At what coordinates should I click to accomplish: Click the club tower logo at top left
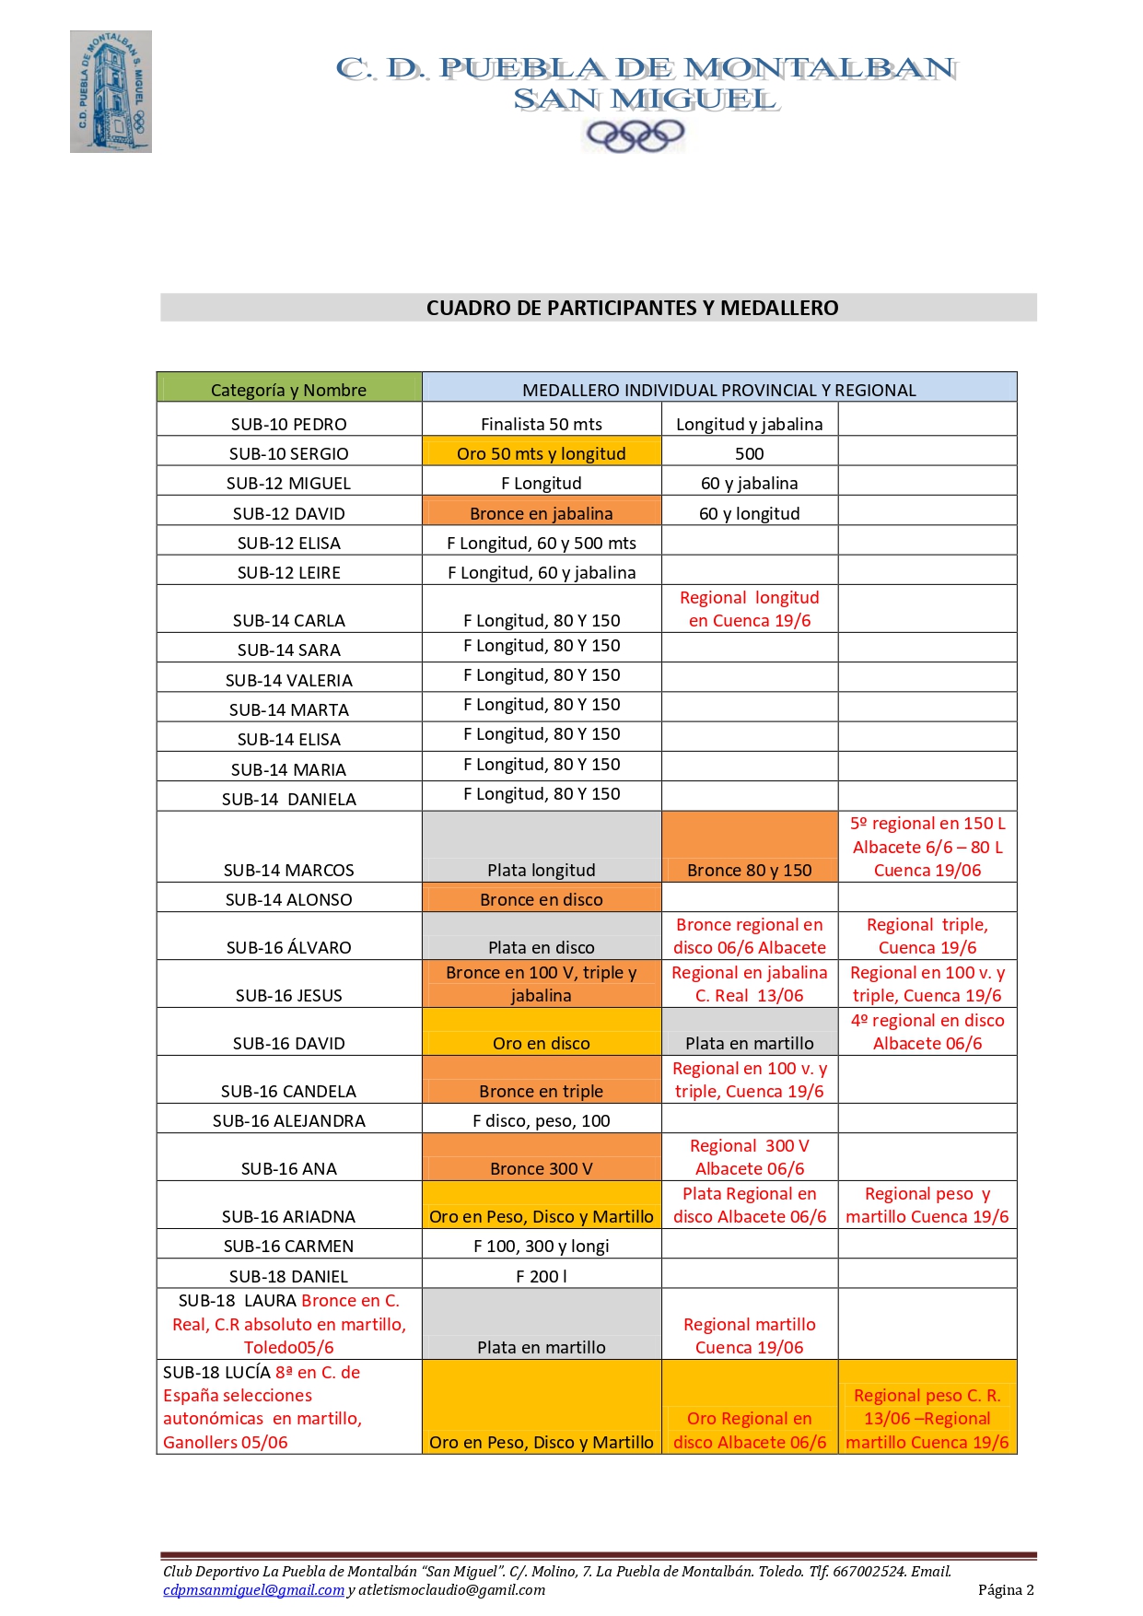click(111, 91)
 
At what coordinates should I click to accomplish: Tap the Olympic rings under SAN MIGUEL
click(635, 136)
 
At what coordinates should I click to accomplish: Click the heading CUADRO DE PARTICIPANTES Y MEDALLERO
click(632, 308)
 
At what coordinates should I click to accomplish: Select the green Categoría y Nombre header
click(288, 390)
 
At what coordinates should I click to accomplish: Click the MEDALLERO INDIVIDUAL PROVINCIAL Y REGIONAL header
click(718, 390)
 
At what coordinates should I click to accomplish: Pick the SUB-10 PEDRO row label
click(288, 424)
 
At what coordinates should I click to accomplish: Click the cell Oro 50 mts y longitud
click(541, 453)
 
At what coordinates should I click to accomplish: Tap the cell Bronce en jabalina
click(541, 513)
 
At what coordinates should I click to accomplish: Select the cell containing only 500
click(749, 453)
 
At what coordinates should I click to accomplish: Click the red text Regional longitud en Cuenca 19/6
click(749, 609)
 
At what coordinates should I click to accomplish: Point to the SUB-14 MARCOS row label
click(288, 870)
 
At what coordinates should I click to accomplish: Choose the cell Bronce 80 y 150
click(749, 870)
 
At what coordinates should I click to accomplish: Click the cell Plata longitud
click(541, 870)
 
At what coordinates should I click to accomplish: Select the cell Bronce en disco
click(541, 899)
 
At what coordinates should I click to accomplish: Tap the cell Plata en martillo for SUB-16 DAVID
click(749, 1043)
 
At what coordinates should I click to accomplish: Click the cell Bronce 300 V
click(541, 1168)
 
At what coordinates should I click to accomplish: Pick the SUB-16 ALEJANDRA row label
click(288, 1120)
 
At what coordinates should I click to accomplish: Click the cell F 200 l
click(541, 1276)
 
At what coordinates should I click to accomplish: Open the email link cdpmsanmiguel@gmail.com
click(253, 1589)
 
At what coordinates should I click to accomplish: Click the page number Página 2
click(1006, 1589)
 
